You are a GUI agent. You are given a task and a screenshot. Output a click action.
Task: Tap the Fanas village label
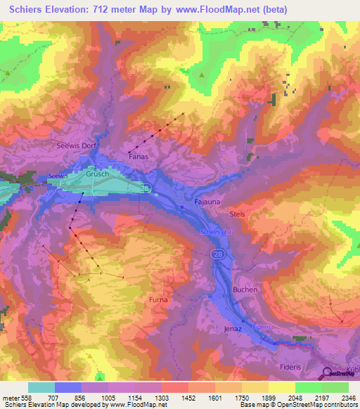(139, 157)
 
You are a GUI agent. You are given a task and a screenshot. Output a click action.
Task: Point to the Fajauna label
(207, 202)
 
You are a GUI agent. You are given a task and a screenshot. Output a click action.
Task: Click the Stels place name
(236, 213)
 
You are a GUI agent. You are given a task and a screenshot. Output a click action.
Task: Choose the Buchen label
(245, 290)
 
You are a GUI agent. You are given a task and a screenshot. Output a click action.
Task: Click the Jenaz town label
(233, 328)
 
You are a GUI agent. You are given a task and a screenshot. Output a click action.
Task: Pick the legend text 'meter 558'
(17, 398)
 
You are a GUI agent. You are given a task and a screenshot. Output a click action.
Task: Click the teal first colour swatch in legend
(41, 387)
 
